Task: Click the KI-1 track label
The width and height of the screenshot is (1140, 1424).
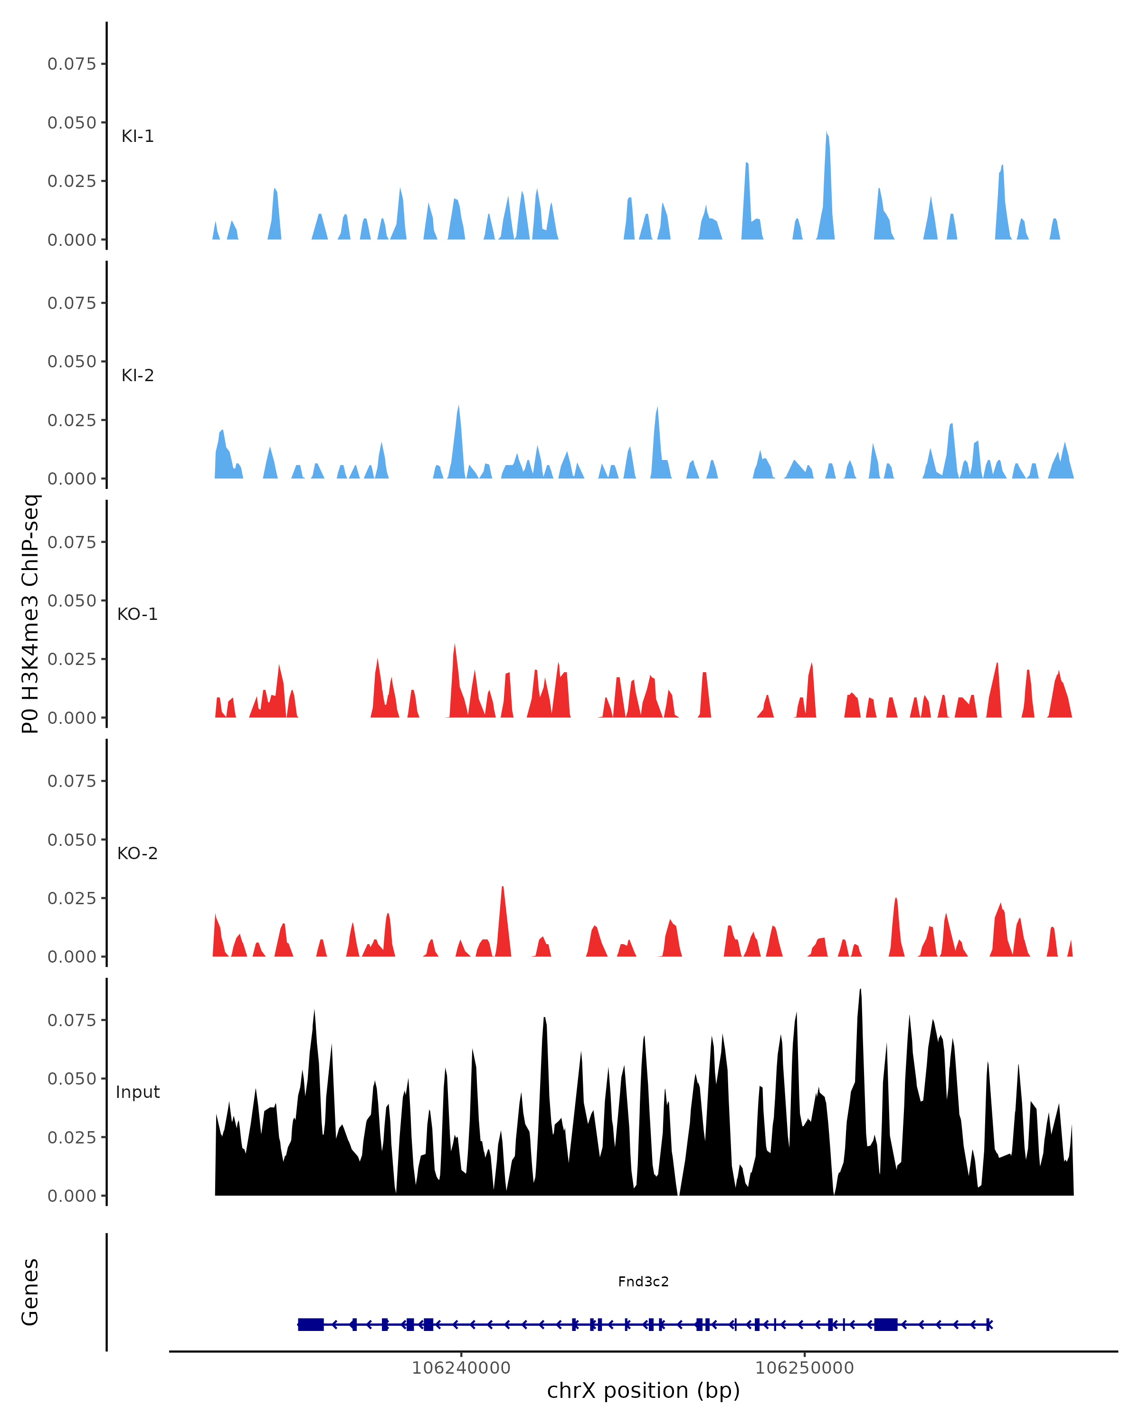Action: (x=137, y=136)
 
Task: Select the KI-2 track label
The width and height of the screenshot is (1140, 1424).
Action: (x=137, y=375)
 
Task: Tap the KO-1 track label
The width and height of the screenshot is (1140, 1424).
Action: (x=137, y=614)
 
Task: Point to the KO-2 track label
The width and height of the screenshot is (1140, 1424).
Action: (x=137, y=853)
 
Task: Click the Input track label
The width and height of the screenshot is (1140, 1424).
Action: (x=137, y=1092)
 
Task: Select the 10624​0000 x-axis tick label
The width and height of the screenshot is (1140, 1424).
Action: (x=461, y=1368)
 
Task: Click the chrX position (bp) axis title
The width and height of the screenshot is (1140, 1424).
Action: (x=643, y=1391)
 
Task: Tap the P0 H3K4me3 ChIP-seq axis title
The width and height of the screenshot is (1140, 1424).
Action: (x=30, y=614)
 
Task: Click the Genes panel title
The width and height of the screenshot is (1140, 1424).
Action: (x=30, y=1292)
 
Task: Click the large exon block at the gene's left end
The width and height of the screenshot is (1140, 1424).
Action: (x=311, y=1324)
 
